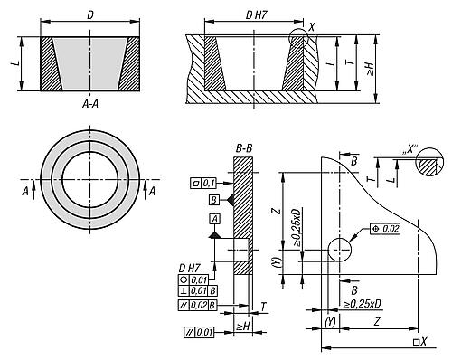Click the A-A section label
90,104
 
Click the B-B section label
244,148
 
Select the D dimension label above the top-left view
90,15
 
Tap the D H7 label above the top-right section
256,15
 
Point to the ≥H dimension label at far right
371,69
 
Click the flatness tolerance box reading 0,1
203,183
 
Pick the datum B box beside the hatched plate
213,200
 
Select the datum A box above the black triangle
214,219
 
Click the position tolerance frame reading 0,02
385,229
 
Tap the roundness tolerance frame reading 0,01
193,279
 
